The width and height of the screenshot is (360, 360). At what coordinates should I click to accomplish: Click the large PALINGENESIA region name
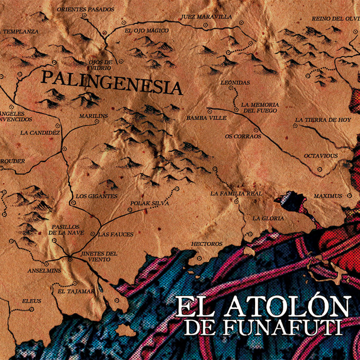112,83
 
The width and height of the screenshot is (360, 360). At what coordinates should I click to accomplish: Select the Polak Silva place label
150,204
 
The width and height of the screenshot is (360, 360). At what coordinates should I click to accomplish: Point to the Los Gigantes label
96,196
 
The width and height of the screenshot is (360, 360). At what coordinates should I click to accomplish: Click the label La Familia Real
237,193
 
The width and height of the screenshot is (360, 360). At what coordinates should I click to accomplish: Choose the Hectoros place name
206,244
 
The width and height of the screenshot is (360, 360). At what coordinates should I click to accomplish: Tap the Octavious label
320,155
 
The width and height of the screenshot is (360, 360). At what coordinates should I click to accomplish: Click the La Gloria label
268,218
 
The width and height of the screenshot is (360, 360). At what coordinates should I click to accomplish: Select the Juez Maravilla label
206,16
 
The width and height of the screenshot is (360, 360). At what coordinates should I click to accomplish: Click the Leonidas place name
235,82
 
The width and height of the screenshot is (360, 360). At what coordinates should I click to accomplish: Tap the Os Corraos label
243,136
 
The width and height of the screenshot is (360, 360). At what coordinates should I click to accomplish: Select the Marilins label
94,116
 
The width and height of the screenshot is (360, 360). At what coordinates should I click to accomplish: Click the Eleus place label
31,301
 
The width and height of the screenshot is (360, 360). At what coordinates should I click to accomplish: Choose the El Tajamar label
76,291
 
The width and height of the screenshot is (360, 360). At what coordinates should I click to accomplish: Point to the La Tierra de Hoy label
323,120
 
